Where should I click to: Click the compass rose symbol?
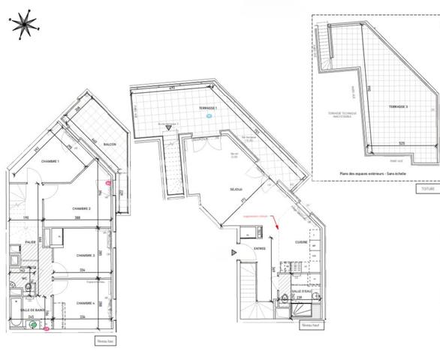click(x=23, y=23)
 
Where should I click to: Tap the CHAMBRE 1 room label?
click(x=50, y=162)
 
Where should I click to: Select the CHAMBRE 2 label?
click(x=81, y=208)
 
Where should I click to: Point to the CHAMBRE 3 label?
click(x=86, y=255)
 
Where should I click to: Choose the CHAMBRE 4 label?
click(x=86, y=303)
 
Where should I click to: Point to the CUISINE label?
click(x=301, y=242)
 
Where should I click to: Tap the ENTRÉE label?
click(x=260, y=248)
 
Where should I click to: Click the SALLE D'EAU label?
click(x=302, y=292)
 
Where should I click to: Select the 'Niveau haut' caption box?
click(x=308, y=326)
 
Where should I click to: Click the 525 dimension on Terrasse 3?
click(x=402, y=143)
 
